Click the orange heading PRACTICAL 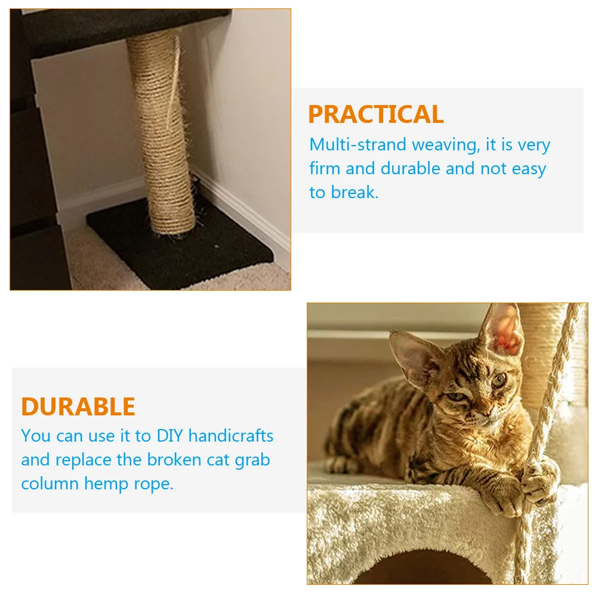(375, 114)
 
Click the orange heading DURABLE (78, 406)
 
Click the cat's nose (484, 412)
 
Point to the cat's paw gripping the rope (539, 481)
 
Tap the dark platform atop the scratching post (119, 30)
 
